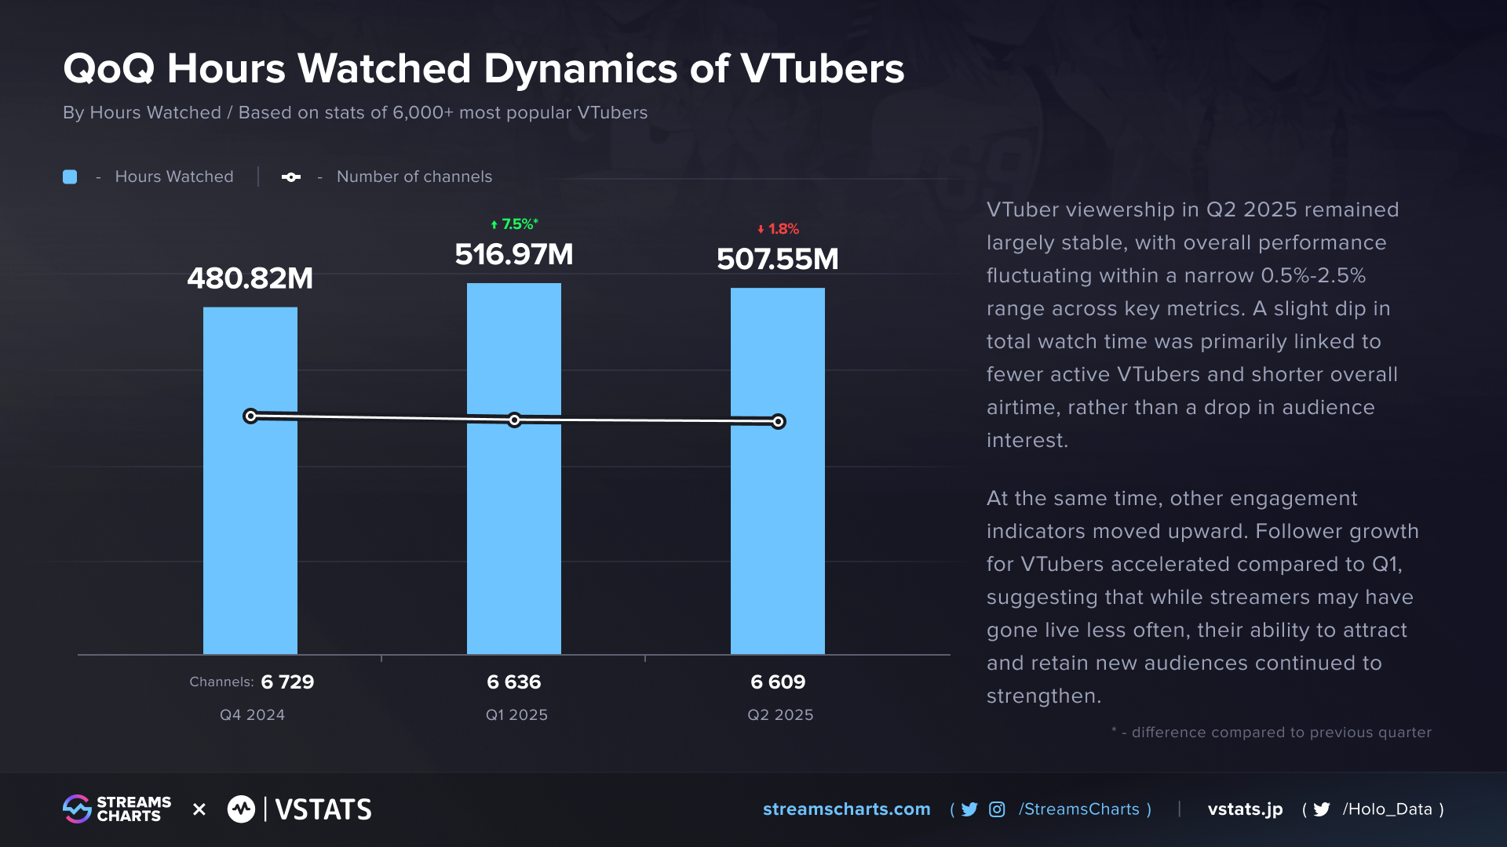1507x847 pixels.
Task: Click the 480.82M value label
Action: coord(250,278)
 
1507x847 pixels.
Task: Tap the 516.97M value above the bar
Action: coord(514,254)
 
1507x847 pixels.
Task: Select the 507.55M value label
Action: coord(777,259)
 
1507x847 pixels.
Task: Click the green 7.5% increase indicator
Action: coord(515,224)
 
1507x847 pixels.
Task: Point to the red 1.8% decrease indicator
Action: coord(778,229)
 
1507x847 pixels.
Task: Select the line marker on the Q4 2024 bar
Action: coord(250,416)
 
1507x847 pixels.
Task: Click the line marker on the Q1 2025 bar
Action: coord(514,420)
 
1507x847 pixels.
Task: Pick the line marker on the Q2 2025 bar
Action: coord(778,422)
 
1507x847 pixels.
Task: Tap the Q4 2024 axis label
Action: coord(252,714)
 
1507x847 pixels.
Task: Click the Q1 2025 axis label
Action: coord(516,714)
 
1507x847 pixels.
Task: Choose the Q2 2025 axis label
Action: coord(780,714)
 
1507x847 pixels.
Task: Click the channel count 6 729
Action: coord(287,682)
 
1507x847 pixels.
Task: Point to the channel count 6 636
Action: coord(514,682)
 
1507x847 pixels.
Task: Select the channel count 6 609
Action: coord(778,682)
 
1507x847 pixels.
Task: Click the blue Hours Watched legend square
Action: coord(70,177)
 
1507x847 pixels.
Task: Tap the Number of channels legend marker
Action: coord(291,177)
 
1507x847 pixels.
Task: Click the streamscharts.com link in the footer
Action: coord(846,809)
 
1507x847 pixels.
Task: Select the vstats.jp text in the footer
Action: coord(1245,809)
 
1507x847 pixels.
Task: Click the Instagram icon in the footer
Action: coord(997,809)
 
